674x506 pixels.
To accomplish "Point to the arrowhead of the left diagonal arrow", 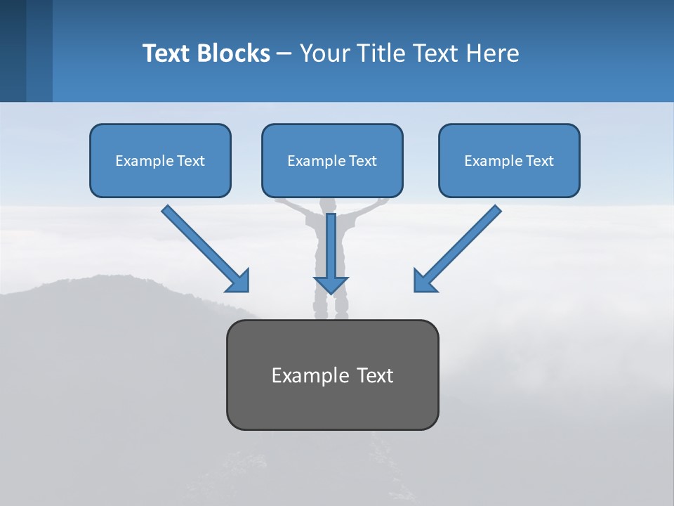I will (239, 281).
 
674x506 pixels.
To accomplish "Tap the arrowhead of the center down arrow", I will (331, 285).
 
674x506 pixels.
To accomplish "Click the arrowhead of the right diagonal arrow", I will (423, 281).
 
